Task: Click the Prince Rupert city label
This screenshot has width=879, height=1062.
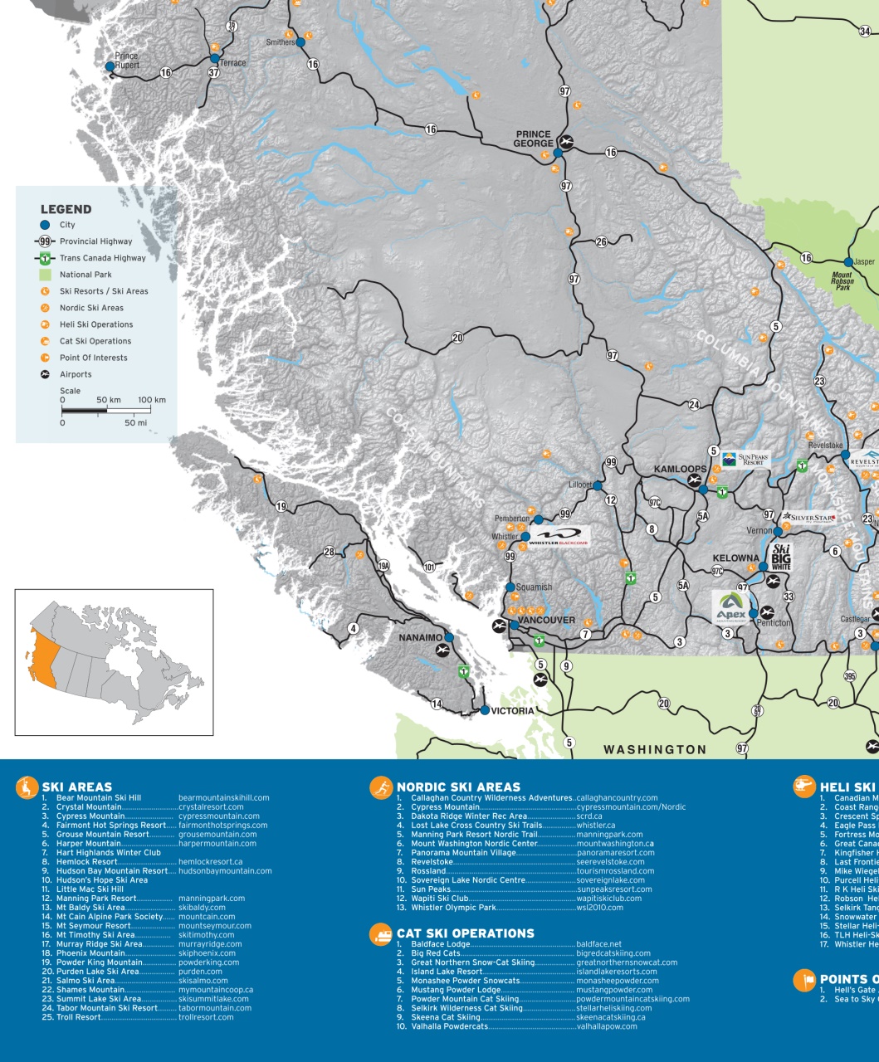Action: point(127,60)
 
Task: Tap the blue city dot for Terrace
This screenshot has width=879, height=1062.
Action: point(214,59)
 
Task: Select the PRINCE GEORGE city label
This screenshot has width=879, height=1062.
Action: point(533,139)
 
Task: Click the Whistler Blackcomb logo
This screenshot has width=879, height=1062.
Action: point(558,537)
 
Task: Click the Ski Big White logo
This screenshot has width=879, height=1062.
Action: point(781,557)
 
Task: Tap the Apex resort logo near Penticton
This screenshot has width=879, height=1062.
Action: point(731,606)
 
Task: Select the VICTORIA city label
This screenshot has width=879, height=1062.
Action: point(512,711)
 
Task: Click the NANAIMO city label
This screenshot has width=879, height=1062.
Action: point(421,637)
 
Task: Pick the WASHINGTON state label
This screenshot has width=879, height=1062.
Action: point(655,749)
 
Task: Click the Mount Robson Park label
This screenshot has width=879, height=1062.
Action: point(842,280)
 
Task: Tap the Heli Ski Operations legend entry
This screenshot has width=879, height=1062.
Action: point(95,324)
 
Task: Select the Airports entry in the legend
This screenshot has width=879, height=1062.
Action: point(76,374)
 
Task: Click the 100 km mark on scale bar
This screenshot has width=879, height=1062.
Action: point(151,400)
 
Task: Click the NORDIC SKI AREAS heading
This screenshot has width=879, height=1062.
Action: point(458,787)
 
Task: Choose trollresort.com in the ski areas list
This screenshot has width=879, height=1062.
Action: point(206,1017)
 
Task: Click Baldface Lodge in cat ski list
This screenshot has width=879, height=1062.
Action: point(440,944)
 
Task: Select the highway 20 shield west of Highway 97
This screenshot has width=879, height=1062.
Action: point(458,338)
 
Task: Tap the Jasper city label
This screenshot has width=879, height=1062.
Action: point(864,261)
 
